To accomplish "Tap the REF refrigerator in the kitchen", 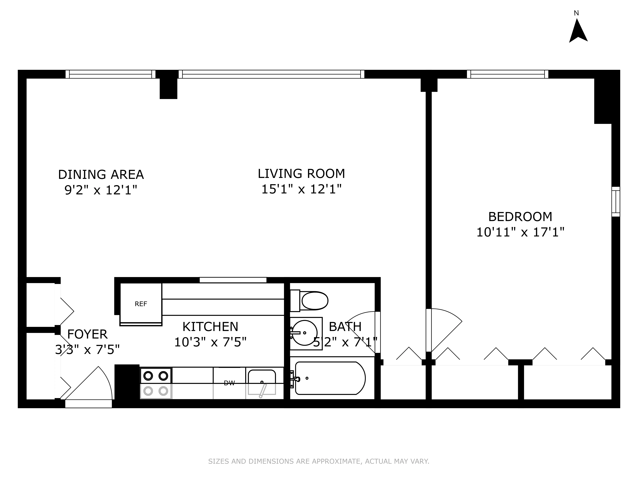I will coord(141,304).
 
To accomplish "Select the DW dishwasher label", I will coord(229,383).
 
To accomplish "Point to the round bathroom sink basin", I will coord(305,333).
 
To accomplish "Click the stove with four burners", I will coord(156,383).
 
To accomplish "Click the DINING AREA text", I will coord(101,175).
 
